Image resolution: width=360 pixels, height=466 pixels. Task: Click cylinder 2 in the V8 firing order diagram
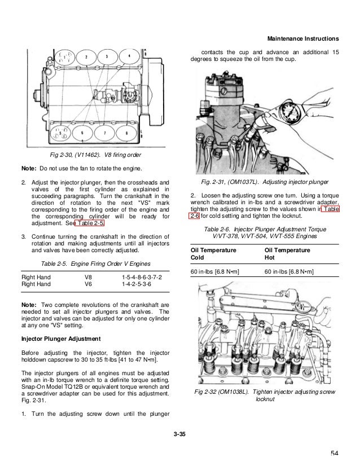86,58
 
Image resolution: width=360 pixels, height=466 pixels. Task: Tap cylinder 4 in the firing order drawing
129,58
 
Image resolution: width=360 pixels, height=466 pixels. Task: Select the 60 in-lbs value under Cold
215,272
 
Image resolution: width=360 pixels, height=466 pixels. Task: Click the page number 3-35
180,433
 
